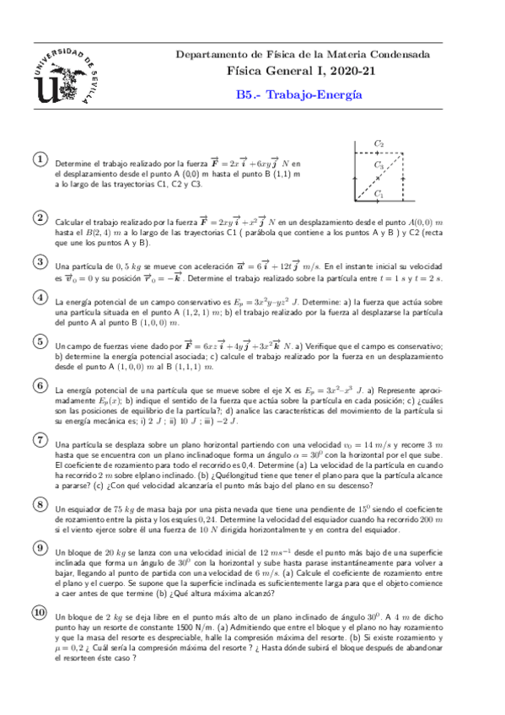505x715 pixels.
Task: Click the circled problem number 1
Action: (x=39, y=159)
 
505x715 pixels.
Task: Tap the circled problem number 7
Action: (x=39, y=439)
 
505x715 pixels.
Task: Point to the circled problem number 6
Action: (x=39, y=386)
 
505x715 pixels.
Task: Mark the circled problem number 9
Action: (x=39, y=547)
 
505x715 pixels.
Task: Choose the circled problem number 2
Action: (x=39, y=218)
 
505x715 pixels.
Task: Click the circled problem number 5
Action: (x=39, y=341)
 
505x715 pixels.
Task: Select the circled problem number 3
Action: (x=39, y=262)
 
